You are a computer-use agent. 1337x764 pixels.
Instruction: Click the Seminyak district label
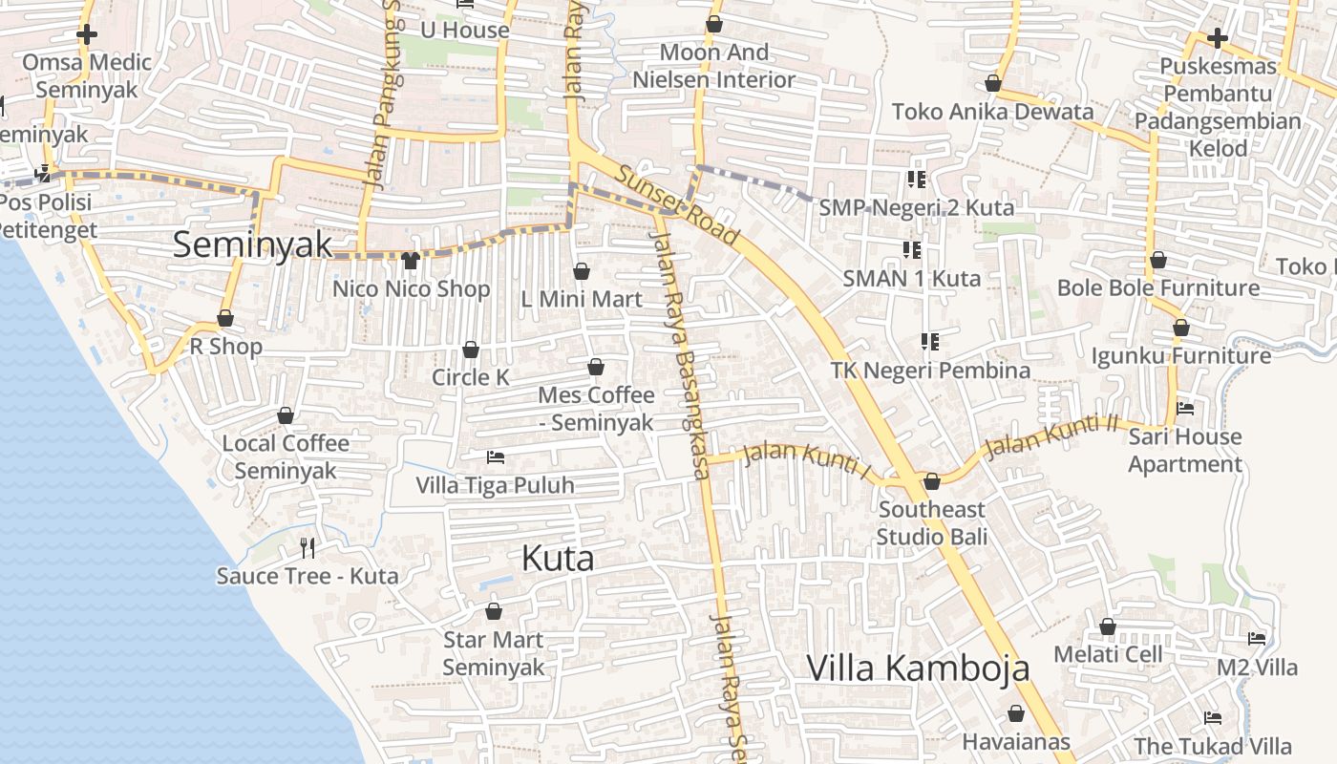click(253, 244)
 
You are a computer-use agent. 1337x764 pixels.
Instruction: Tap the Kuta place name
click(558, 559)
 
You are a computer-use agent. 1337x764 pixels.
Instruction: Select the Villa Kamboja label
click(918, 668)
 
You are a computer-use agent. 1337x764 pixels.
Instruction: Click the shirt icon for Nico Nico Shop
click(411, 260)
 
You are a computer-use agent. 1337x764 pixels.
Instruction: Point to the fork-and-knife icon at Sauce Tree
click(308, 547)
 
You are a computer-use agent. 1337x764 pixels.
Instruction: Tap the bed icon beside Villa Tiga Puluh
click(495, 456)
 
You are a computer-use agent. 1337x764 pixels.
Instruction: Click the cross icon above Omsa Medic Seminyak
click(87, 35)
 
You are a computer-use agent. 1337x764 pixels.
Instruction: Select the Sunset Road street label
click(678, 205)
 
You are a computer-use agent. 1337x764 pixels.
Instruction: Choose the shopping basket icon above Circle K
click(470, 350)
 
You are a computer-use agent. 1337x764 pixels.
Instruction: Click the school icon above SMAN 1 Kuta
click(912, 250)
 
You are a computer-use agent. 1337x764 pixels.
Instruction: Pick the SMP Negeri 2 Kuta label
click(917, 207)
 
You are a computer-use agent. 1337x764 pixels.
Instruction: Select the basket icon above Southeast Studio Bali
click(931, 480)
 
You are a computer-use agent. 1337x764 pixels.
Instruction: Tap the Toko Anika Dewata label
click(992, 112)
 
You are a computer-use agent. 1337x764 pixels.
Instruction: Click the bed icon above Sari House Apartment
click(1185, 409)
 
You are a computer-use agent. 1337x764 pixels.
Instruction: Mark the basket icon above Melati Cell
click(1108, 626)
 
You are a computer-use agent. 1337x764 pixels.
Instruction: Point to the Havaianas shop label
click(1016, 741)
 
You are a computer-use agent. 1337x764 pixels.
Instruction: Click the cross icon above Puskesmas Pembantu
click(1218, 39)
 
